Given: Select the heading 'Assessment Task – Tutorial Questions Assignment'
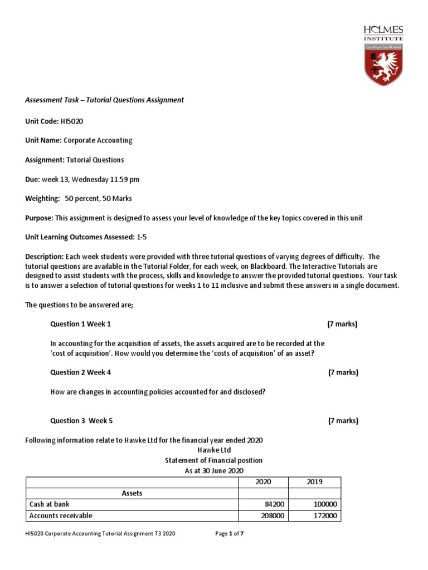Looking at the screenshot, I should pyautogui.click(x=104, y=100).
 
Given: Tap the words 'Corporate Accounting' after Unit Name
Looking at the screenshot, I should pyautogui.click(x=98, y=140).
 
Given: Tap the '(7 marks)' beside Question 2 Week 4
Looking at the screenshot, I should pyautogui.click(x=343, y=372).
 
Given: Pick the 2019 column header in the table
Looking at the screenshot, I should pyautogui.click(x=314, y=481).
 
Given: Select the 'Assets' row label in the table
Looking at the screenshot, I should pyautogui.click(x=132, y=493).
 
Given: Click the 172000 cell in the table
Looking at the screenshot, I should pyautogui.click(x=323, y=515).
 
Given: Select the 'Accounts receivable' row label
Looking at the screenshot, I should pyautogui.click(x=61, y=515).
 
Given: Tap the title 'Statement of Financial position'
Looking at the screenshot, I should pyautogui.click(x=213, y=460).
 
